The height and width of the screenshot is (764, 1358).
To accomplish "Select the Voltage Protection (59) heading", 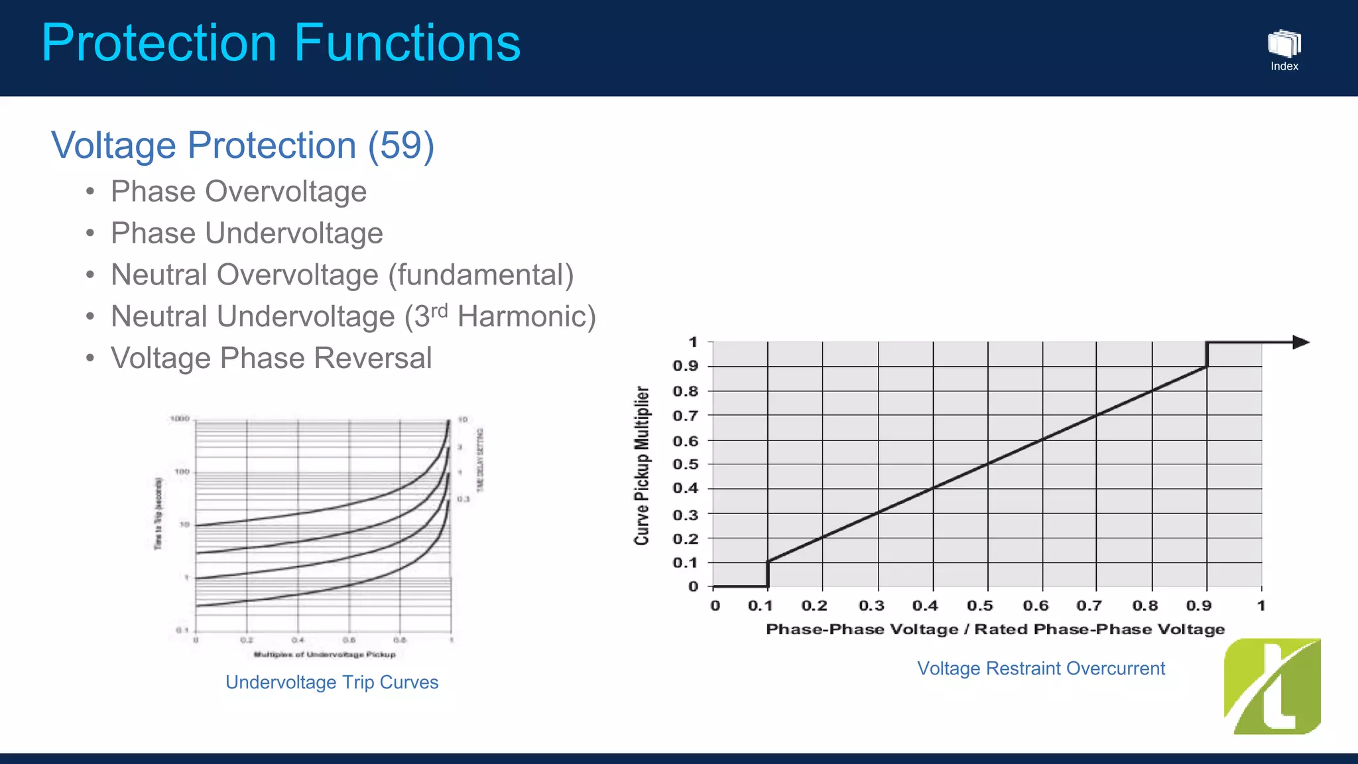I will (x=243, y=145).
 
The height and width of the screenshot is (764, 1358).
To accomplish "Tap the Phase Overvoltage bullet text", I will (x=238, y=192).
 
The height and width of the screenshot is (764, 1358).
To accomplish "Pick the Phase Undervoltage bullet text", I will (x=247, y=233).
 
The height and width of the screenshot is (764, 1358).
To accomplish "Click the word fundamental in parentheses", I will (x=480, y=275).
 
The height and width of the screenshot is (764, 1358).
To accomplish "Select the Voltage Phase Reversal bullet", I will (x=271, y=358).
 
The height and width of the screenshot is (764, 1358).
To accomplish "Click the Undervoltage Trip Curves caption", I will (x=332, y=682).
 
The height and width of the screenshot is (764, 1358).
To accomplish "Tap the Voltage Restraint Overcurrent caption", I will (x=1040, y=668).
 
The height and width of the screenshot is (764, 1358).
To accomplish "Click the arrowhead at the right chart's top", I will (x=1300, y=342).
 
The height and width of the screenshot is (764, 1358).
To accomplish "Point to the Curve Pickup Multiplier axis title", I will (x=641, y=465).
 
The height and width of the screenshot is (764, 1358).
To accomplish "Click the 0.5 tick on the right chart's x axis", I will (x=979, y=605).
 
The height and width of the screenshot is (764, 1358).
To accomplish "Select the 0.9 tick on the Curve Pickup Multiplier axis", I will (x=685, y=366).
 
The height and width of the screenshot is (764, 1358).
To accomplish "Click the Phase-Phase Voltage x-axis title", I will (x=995, y=629).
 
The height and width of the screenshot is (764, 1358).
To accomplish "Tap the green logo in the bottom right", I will (x=1272, y=686).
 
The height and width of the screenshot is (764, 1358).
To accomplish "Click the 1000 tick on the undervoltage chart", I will (x=180, y=419).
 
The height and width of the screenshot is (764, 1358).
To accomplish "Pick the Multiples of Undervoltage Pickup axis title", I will (x=324, y=655).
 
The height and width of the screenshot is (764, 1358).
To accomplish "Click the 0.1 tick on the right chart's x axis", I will (x=760, y=605).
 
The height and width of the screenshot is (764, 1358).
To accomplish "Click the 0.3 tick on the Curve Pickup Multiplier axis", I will (x=685, y=515).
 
